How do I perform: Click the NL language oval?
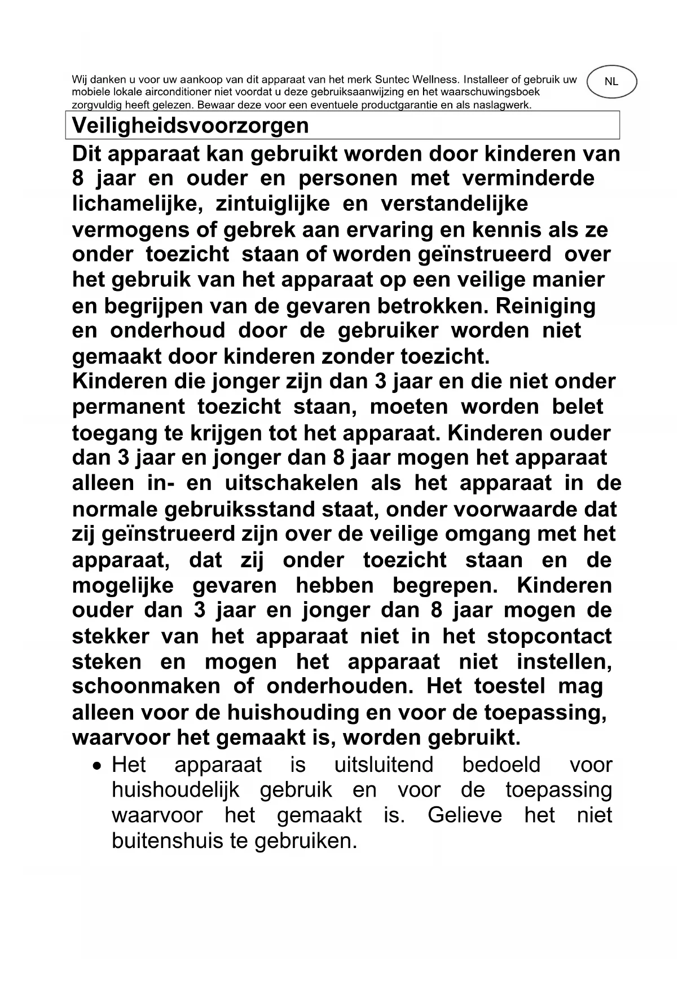pos(611,82)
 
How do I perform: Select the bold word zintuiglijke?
pos(272,204)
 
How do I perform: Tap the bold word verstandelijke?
pos(454,204)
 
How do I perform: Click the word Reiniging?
pos(545,306)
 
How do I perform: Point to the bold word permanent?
pos(129,407)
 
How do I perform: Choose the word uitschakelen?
pos(291,483)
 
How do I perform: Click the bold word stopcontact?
pos(549,637)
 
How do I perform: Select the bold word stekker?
pos(111,637)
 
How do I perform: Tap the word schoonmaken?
pos(146,686)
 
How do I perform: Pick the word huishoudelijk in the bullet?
pos(175,791)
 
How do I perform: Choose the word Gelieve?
pos(464,815)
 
